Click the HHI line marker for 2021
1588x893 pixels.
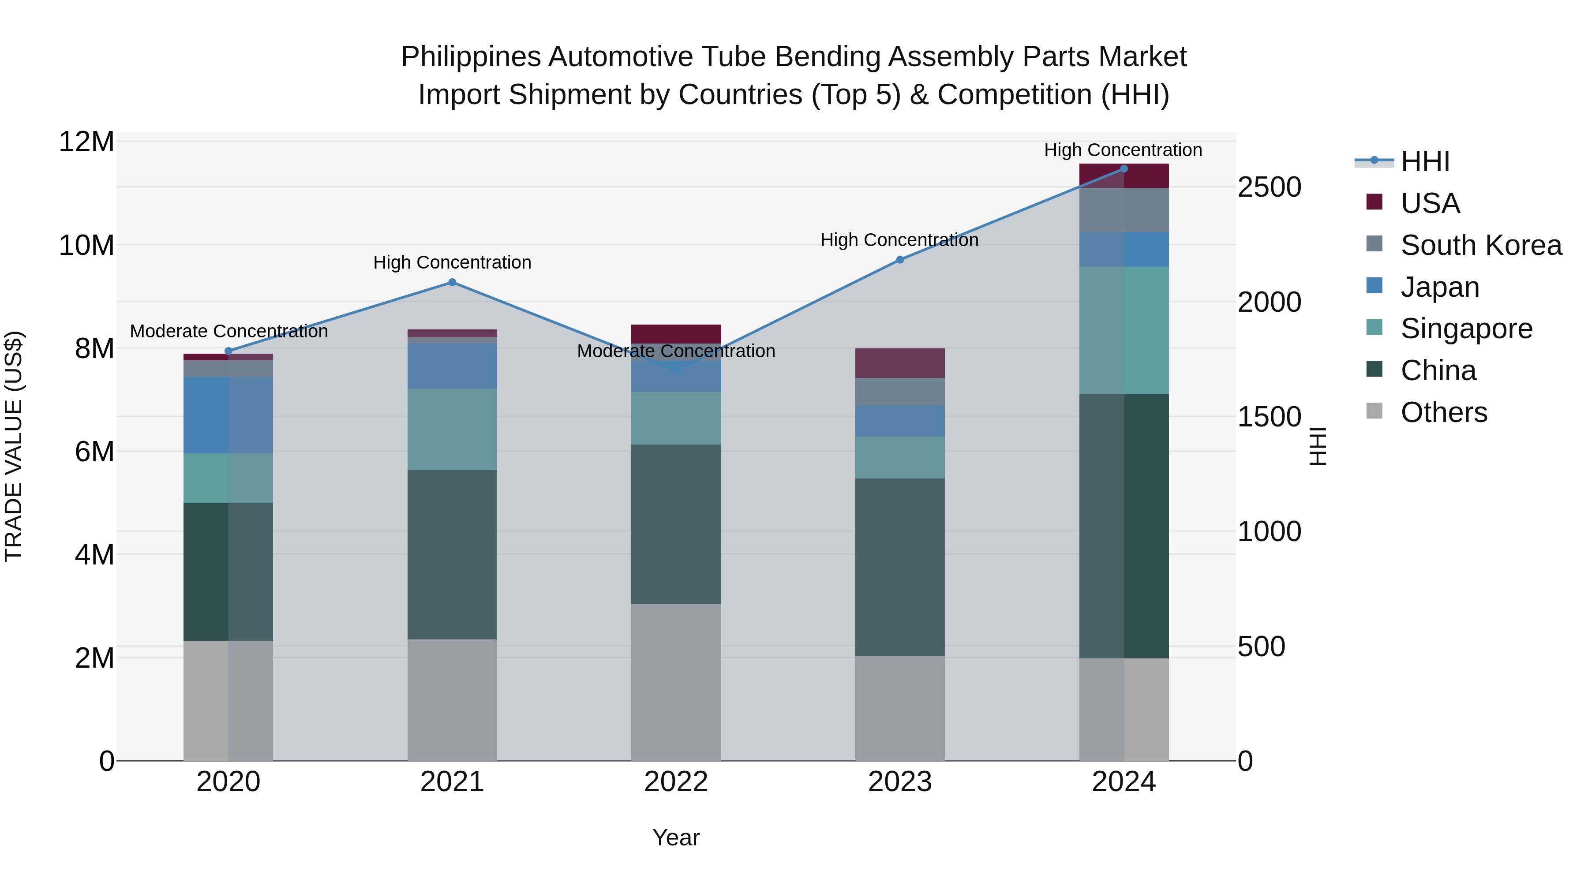tap(452, 282)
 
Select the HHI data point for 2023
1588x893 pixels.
tap(899, 259)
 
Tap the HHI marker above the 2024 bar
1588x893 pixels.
tap(1123, 169)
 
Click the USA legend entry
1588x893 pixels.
tap(1430, 203)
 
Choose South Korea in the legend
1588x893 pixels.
tap(1481, 245)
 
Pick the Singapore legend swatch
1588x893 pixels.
tap(1374, 327)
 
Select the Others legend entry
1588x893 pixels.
tap(1443, 412)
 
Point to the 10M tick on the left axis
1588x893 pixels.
tap(86, 245)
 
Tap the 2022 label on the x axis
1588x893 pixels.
tap(676, 782)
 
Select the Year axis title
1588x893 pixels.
tap(676, 837)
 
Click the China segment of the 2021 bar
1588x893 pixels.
tap(452, 555)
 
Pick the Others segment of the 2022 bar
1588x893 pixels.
tap(676, 682)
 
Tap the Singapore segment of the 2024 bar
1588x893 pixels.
tap(1123, 330)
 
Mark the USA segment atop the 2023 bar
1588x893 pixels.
tap(899, 363)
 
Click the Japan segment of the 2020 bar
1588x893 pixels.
tap(228, 415)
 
